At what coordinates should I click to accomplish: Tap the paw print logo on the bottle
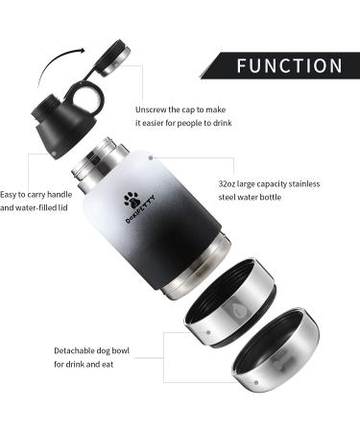[x=131, y=200]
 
